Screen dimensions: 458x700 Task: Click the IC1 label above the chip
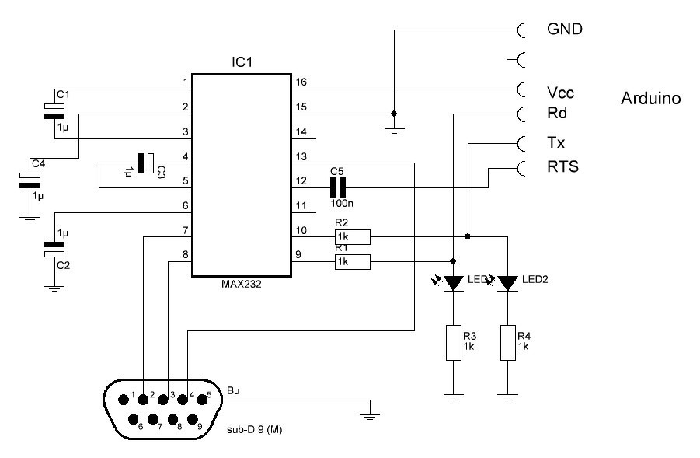(x=242, y=61)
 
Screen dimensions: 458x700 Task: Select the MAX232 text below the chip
(x=242, y=285)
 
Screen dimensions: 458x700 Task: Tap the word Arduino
(x=651, y=99)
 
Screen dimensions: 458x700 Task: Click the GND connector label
(x=565, y=30)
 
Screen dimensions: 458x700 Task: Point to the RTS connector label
(x=562, y=166)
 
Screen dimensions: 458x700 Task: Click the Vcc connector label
(x=561, y=93)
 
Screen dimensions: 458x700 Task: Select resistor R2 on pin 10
(x=352, y=236)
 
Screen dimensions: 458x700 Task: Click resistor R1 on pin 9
(x=352, y=263)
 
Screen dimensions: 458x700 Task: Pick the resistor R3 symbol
(x=453, y=342)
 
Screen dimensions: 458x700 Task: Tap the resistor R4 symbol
(x=507, y=342)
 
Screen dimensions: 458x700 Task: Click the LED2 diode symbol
(x=507, y=284)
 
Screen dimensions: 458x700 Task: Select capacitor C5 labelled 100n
(x=337, y=187)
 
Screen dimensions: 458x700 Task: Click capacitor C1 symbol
(x=54, y=112)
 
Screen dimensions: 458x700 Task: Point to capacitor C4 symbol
(x=30, y=180)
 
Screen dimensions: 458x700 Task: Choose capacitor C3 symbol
(x=146, y=163)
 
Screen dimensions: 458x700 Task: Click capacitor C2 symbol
(x=54, y=248)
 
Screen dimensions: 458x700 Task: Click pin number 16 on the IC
(x=301, y=82)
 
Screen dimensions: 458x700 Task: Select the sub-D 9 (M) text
(x=253, y=430)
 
